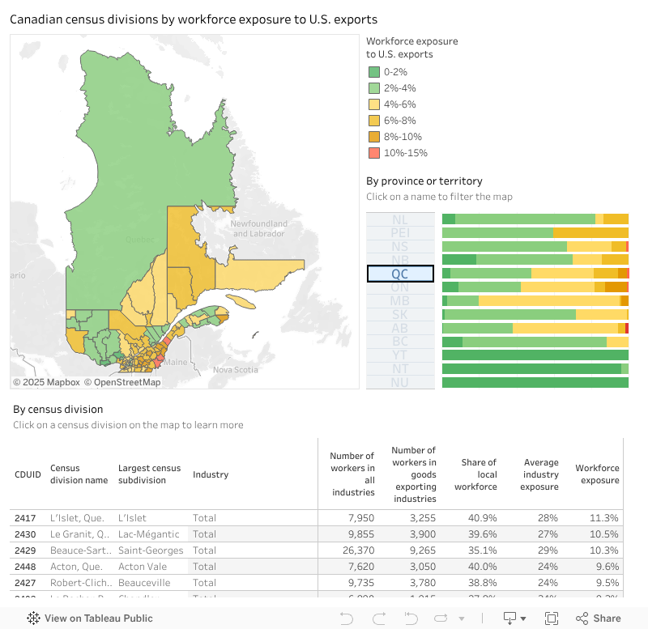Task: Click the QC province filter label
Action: click(400, 274)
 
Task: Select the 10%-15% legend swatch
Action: click(374, 153)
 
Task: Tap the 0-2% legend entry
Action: click(395, 72)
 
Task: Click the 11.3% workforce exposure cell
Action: click(604, 518)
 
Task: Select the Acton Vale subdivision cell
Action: click(143, 567)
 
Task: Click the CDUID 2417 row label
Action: click(24, 518)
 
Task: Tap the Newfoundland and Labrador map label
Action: click(258, 228)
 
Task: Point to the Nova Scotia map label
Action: click(235, 370)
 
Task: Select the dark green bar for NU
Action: click(535, 382)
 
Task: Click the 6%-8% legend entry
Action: click(399, 121)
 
